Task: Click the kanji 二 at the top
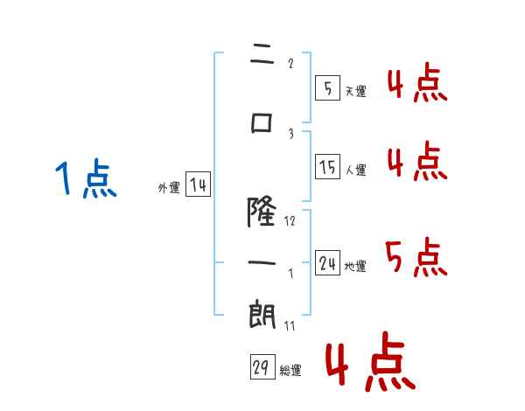point(262,53)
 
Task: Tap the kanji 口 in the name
point(262,123)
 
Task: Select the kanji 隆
point(262,212)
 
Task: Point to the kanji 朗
point(262,314)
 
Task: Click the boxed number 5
point(327,87)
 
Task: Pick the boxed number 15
point(327,166)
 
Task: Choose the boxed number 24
point(327,262)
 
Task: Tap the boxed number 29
point(262,366)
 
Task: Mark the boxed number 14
point(198,184)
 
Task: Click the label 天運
point(356,91)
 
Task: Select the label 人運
point(356,170)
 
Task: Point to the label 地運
point(355,266)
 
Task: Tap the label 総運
point(290,370)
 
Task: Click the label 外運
point(169,187)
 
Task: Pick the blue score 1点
point(86,178)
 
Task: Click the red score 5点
point(416,257)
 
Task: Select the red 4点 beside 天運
point(417,82)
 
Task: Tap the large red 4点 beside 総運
point(371,361)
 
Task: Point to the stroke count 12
point(290,221)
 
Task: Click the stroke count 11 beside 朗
point(290,325)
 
